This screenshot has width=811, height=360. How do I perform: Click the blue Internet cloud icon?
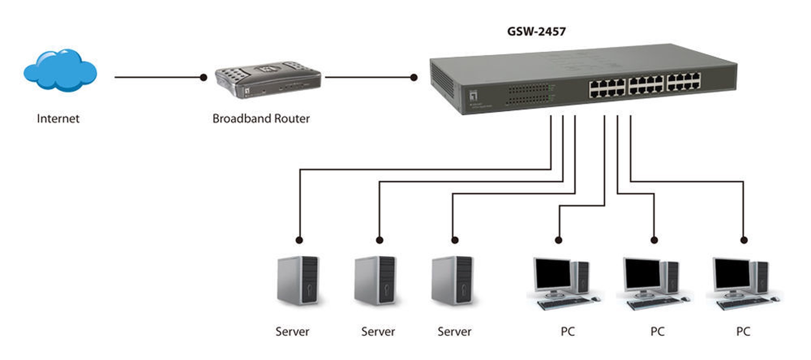[60, 71]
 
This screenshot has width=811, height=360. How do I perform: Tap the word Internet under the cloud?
[58, 118]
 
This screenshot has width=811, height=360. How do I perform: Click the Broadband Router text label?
[261, 118]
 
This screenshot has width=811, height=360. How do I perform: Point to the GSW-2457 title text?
[536, 32]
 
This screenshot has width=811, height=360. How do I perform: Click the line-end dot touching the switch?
[414, 77]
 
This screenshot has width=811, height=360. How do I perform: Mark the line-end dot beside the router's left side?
[204, 77]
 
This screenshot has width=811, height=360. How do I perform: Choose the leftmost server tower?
[298, 280]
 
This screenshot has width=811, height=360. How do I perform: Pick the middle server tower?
[375, 280]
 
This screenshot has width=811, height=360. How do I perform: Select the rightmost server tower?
[452, 280]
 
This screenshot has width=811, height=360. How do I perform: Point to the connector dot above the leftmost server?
[299, 240]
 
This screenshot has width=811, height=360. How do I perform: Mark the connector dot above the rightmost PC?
[744, 240]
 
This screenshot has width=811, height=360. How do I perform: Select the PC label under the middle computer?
[657, 332]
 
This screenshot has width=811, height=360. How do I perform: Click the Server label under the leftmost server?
[292, 332]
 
